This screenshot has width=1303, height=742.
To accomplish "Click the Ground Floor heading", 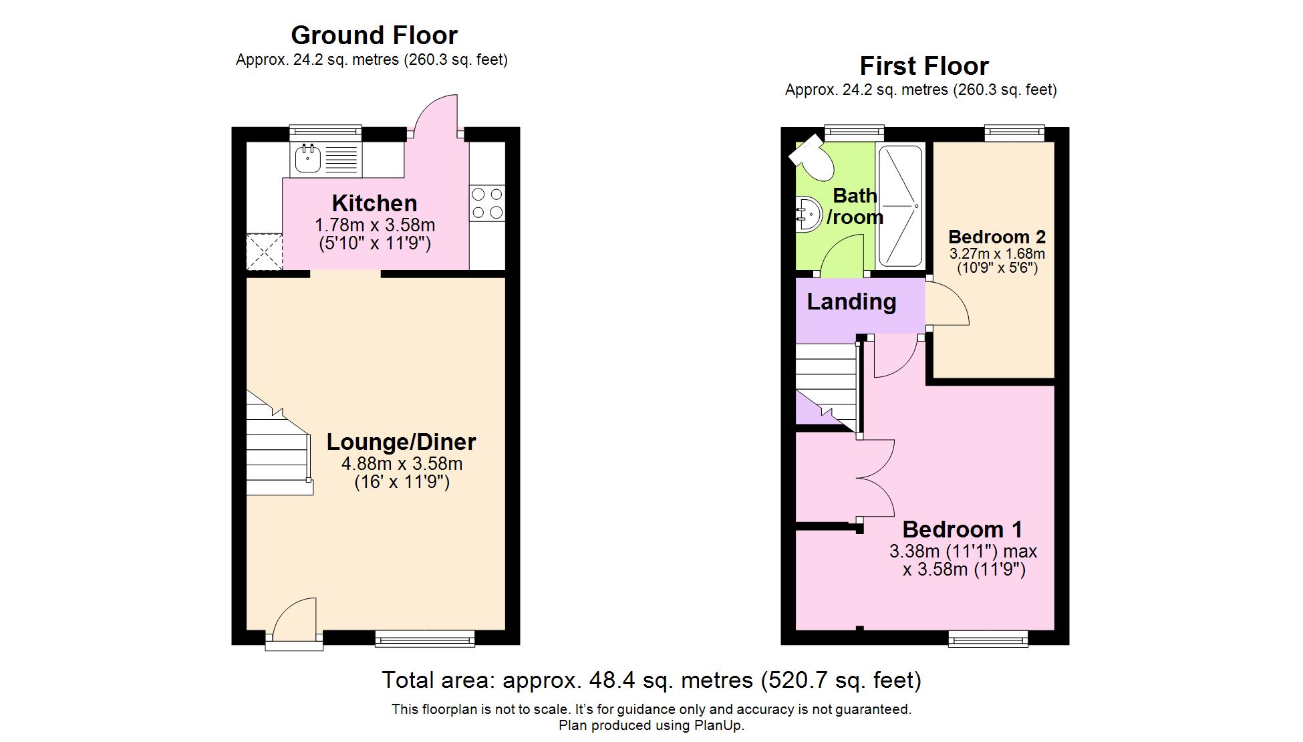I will point(374,35).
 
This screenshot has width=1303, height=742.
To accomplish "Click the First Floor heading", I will point(923,66).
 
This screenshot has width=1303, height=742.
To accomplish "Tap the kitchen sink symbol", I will point(308,159).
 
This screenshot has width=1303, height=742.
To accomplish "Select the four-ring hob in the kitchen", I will point(487,203).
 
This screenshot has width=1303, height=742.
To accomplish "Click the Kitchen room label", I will point(374,203).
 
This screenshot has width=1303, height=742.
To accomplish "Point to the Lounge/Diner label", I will point(401,442).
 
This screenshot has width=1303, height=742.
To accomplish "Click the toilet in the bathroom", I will point(811,156).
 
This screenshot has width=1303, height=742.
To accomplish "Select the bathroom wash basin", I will point(807,214).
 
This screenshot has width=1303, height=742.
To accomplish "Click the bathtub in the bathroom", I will point(900,206).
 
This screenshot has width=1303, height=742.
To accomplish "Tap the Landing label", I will point(851,301).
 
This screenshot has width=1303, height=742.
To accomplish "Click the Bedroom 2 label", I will point(996,237).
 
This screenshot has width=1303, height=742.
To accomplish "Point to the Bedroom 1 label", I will point(962,529).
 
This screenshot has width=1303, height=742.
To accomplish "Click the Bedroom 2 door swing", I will point(948,304).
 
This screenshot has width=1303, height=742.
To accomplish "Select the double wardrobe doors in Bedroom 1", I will point(877,478).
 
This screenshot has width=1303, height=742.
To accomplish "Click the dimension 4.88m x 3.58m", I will point(402,464).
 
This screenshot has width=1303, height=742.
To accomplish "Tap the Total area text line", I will point(651,681).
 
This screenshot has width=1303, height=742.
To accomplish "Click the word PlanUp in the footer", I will point(719,725).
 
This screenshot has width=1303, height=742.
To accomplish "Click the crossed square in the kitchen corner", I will point(265,251).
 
